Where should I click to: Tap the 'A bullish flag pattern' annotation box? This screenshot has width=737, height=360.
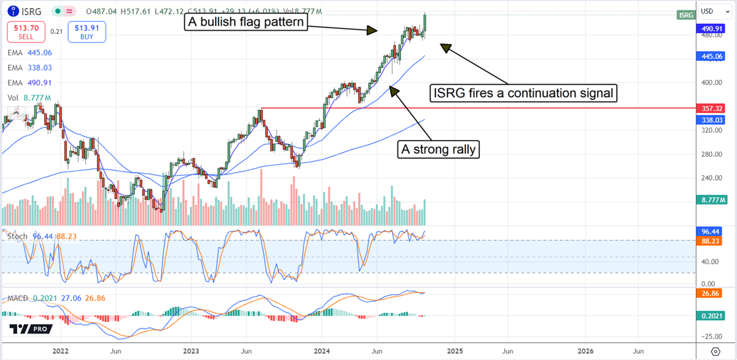pos(246,23)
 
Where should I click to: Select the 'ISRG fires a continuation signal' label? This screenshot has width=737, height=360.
pos(523,93)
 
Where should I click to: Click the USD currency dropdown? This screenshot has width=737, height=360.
pos(712,10)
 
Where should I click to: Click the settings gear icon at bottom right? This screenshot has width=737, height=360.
pos(716,351)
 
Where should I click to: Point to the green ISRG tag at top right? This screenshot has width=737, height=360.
pos(685,14)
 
